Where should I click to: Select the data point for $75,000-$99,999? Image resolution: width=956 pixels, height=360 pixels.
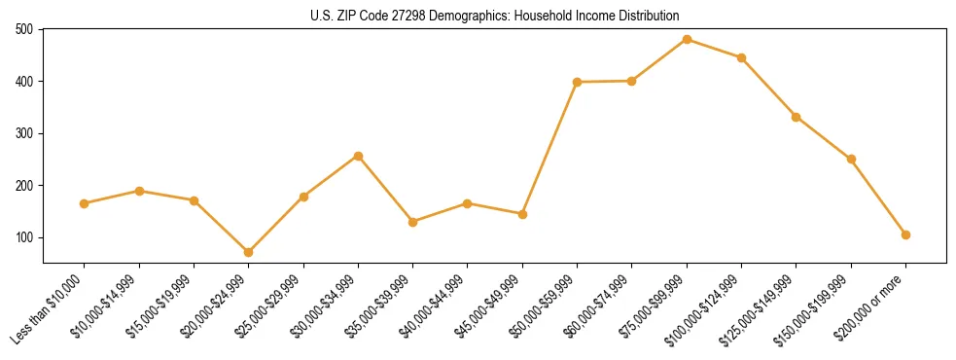(x=687, y=40)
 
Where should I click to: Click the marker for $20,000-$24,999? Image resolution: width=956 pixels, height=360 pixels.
(x=249, y=252)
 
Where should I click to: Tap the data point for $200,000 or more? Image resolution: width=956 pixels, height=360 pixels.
(x=905, y=234)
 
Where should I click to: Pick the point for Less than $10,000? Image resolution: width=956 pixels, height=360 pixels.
(x=85, y=203)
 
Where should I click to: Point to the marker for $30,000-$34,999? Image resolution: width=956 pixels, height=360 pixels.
(x=358, y=156)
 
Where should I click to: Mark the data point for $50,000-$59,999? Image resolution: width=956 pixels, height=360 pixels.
(x=577, y=82)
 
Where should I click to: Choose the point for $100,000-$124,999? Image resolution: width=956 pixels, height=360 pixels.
(x=741, y=57)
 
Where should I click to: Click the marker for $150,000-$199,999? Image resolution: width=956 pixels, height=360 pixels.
(x=851, y=159)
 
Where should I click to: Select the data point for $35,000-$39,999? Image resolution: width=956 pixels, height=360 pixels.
(x=413, y=222)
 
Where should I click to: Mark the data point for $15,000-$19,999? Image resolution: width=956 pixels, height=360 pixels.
(x=194, y=200)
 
